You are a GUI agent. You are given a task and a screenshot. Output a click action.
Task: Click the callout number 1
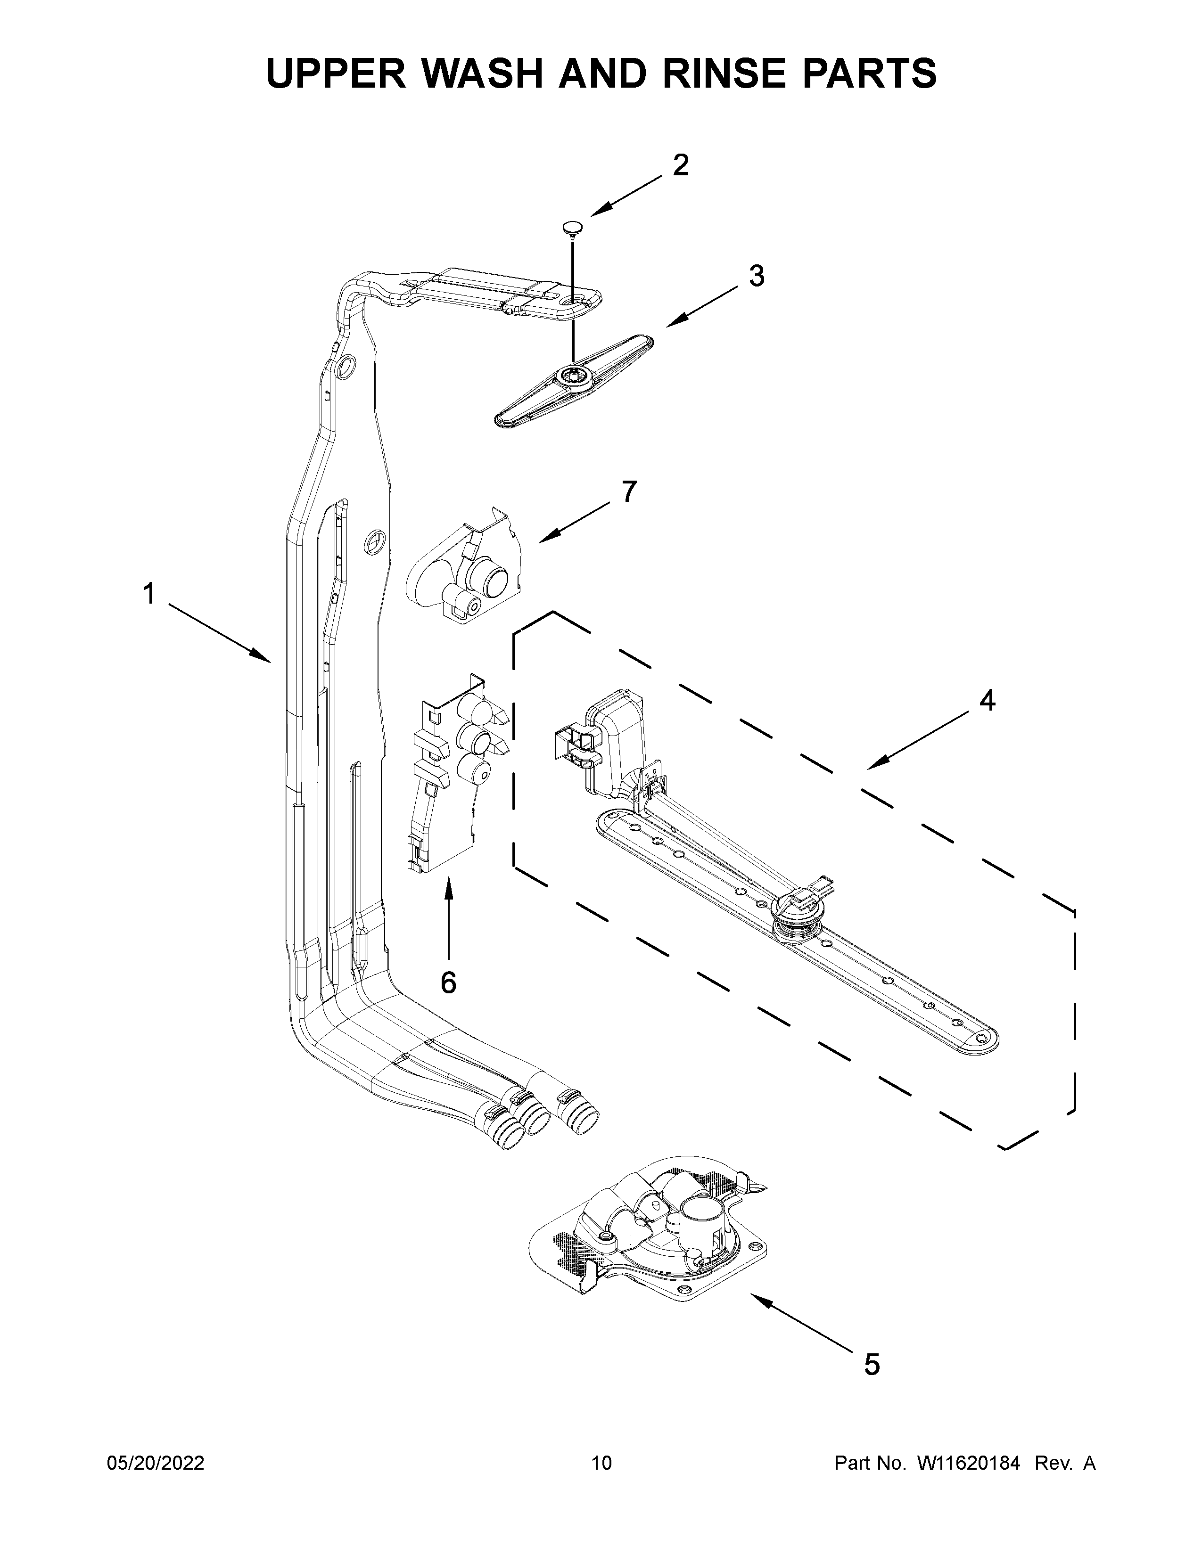click(x=149, y=593)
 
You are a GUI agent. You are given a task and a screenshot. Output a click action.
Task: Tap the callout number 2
click(x=681, y=165)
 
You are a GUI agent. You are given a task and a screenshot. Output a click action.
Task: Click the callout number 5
click(x=872, y=1364)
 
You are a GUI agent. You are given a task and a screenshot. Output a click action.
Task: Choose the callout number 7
click(x=628, y=491)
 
